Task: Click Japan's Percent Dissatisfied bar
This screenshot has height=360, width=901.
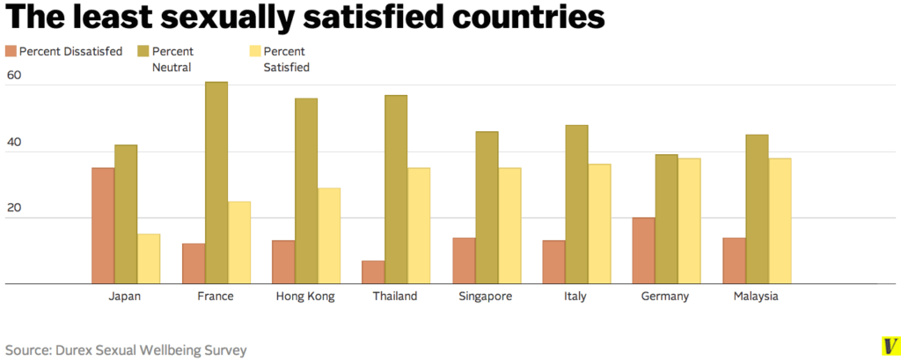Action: click(103, 225)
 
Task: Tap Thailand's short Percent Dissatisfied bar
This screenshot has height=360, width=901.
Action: click(373, 272)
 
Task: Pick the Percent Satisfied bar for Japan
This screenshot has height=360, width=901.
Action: click(149, 259)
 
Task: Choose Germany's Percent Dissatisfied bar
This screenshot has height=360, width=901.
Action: click(644, 251)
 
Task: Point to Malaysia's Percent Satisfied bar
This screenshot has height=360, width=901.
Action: click(780, 221)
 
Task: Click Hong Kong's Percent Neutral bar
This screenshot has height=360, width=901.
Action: click(306, 191)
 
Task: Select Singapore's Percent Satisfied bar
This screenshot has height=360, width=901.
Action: click(509, 225)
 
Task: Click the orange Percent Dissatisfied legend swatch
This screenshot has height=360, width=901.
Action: click(11, 51)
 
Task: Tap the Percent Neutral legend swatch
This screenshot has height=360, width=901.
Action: click(143, 51)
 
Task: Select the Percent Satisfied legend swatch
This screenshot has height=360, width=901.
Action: click(256, 51)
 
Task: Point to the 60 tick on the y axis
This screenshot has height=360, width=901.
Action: click(14, 77)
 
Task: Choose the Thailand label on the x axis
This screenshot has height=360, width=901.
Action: click(395, 297)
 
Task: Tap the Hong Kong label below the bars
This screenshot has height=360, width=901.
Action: click(304, 297)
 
